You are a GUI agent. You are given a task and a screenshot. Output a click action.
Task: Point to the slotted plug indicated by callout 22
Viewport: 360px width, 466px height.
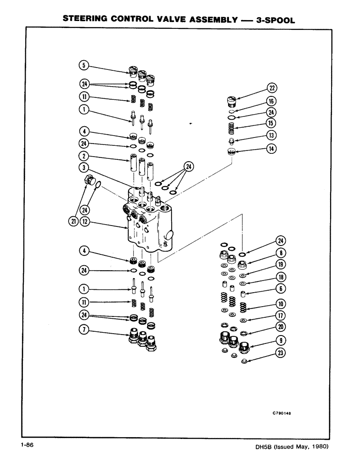coord(232,101)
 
